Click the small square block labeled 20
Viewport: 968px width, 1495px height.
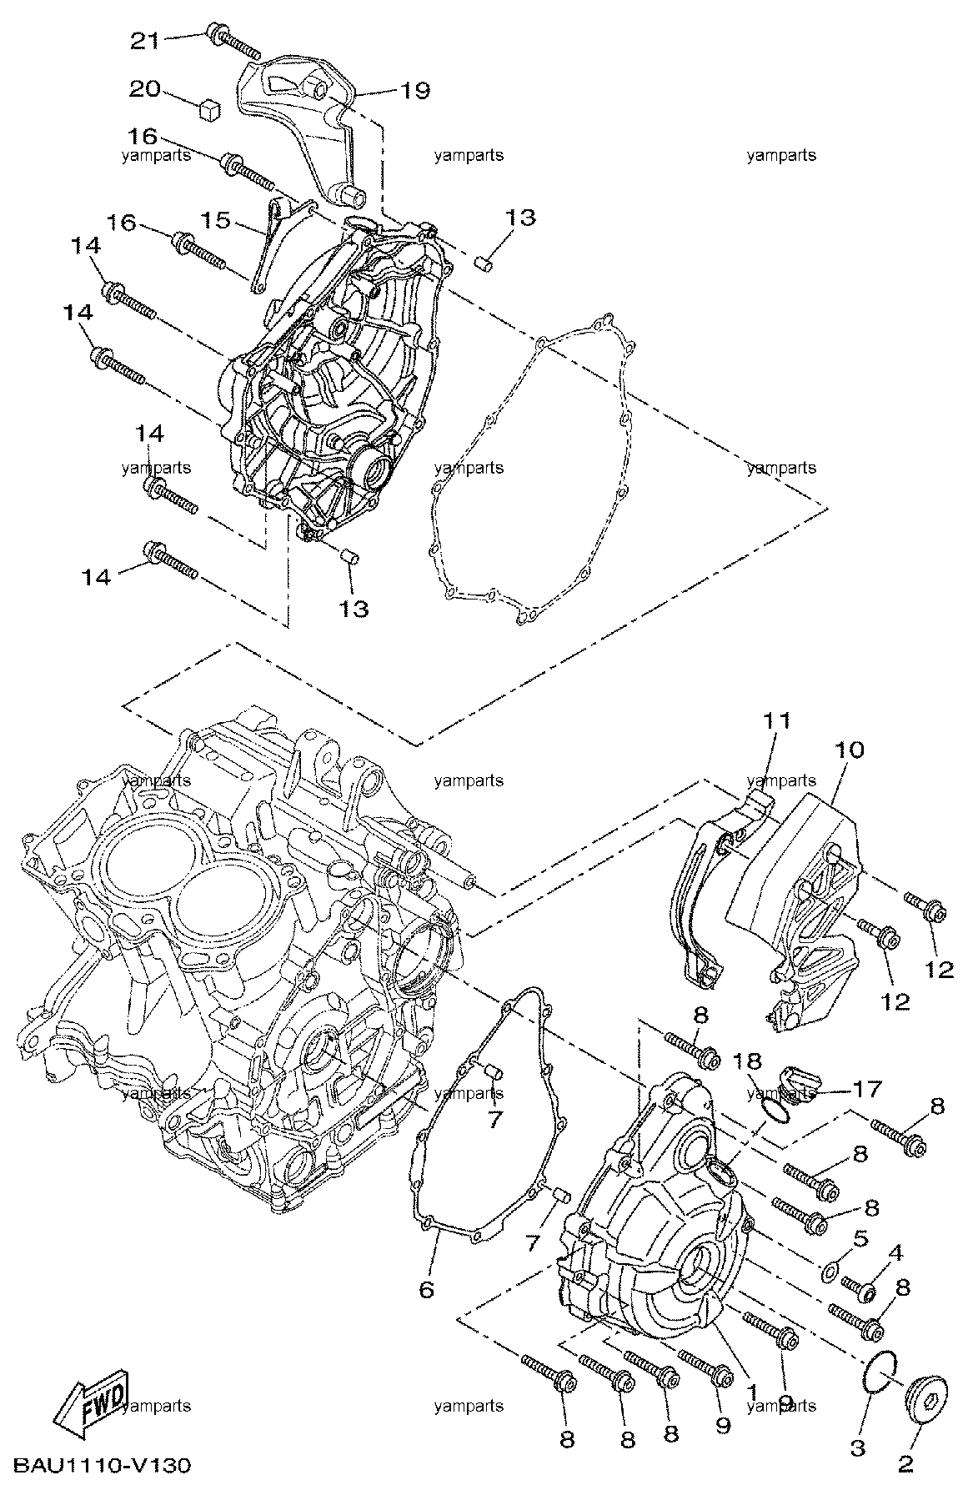(x=210, y=108)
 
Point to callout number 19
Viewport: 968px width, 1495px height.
(x=414, y=90)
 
